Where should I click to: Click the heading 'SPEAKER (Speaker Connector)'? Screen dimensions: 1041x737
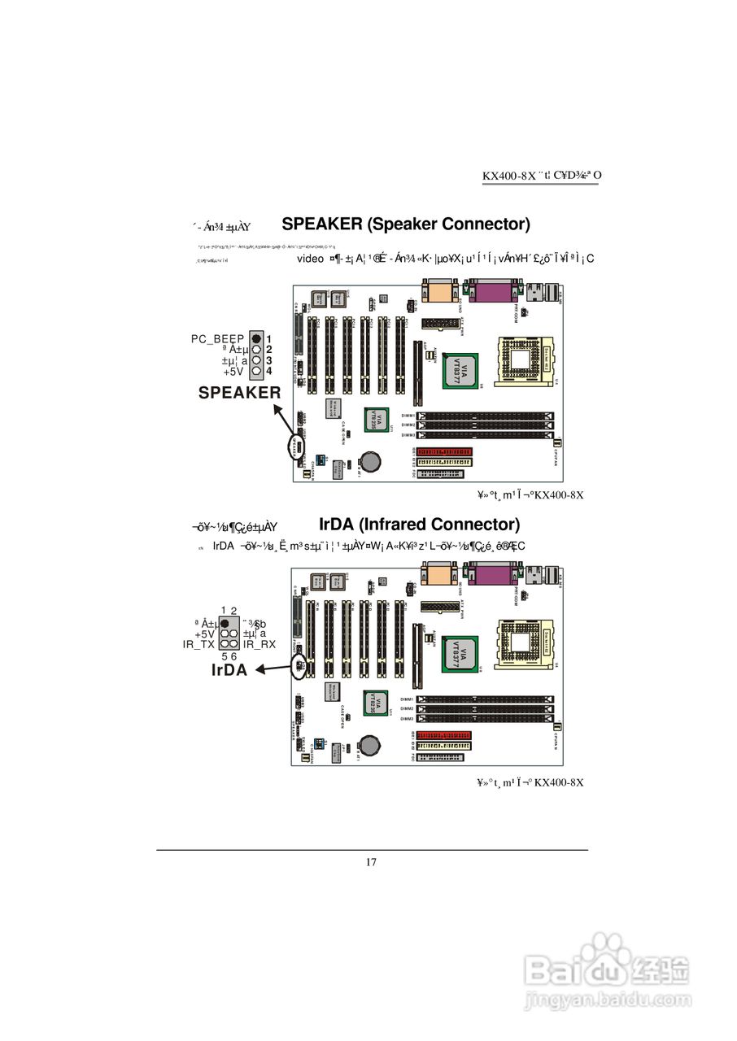[406, 224]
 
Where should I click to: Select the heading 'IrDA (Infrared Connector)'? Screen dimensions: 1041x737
[419, 524]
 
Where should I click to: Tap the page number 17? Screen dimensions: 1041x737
[371, 862]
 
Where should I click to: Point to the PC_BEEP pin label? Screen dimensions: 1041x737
[218, 338]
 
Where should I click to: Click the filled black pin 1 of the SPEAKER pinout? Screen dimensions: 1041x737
[256, 338]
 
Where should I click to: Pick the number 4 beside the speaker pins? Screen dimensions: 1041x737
[268, 371]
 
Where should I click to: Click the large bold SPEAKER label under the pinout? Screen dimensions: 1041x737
[240, 393]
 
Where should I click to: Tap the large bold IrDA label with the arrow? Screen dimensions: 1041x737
[229, 670]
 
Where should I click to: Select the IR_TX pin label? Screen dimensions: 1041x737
[199, 644]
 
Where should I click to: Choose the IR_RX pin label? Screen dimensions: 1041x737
[259, 644]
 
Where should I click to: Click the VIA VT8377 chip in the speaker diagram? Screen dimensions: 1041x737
[460, 372]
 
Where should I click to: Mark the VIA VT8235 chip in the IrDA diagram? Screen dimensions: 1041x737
[372, 702]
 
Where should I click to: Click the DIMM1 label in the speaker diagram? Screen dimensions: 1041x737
[408, 416]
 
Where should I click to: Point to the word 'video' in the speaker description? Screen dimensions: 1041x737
[310, 259]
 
